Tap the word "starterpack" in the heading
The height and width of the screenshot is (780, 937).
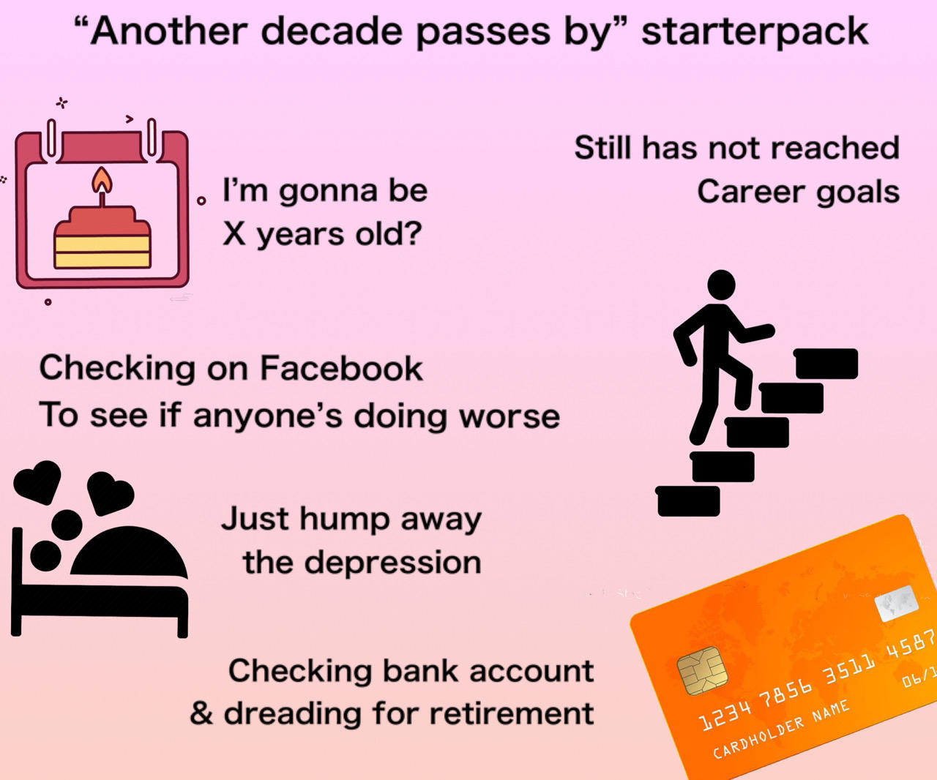point(754,32)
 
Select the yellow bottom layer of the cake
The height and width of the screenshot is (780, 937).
point(102,252)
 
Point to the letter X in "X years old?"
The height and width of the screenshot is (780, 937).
point(234,234)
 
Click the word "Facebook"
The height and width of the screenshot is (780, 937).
point(341,368)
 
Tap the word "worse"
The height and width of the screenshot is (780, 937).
point(509,416)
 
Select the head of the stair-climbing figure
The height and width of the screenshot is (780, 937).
point(721,285)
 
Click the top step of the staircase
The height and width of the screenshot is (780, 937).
point(826,364)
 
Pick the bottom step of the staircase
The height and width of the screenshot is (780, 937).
point(688,501)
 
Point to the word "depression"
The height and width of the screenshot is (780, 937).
point(392,563)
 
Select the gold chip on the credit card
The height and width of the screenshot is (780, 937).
point(701,672)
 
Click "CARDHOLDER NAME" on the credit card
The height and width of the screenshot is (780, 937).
point(781,729)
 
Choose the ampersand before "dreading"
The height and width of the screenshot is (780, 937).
point(201,713)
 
